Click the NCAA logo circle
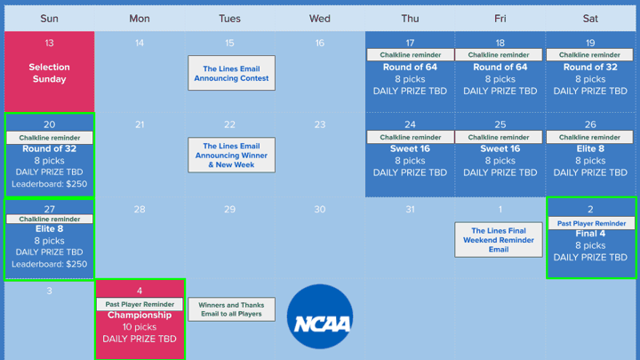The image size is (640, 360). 320,316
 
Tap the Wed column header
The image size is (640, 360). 320,19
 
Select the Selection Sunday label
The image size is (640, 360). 50,73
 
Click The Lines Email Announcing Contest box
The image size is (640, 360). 231,73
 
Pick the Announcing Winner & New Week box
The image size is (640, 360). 231,155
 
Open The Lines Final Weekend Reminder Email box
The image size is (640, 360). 499,240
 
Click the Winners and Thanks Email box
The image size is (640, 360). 231,309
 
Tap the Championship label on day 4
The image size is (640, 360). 140,315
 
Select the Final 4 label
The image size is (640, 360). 590,234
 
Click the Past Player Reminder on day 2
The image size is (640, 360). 591,223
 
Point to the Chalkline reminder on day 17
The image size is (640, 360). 410,55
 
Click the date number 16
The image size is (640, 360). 320,43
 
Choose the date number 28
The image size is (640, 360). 140,210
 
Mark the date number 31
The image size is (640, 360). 410,210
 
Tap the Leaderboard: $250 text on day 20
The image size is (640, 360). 50,184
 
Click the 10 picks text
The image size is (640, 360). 140,327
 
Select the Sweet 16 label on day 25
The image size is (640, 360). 500,148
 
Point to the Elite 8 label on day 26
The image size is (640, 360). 590,148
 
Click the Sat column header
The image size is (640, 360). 590,19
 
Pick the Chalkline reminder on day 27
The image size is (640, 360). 50,220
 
